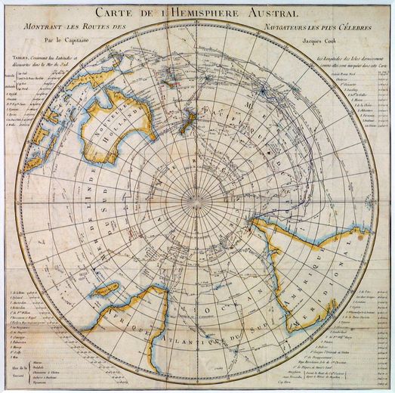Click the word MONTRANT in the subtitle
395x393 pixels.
coord(51,27)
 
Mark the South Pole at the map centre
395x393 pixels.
coord(198,198)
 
